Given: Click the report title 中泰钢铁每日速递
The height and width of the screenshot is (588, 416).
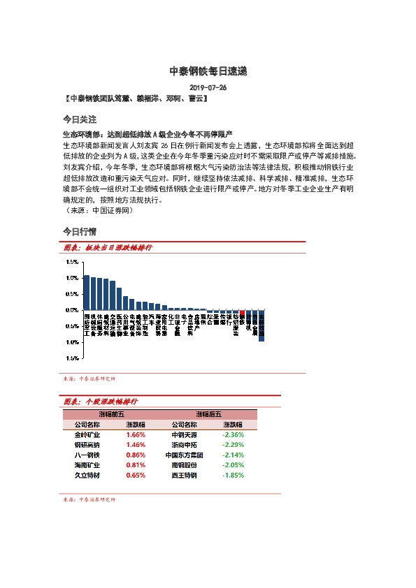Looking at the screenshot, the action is click(208, 71).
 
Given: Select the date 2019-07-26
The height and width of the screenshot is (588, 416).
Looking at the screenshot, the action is click(208, 88).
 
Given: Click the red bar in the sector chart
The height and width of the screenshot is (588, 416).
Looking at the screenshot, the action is click(242, 316).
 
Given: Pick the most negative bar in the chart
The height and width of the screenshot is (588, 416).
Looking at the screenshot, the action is click(261, 325).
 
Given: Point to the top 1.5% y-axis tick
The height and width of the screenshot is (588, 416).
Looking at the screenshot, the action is click(72, 262).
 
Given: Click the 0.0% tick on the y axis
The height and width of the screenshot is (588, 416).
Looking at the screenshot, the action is click(72, 309).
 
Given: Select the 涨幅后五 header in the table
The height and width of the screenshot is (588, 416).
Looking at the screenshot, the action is click(208, 414).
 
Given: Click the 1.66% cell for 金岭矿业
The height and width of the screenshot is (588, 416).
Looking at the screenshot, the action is click(136, 434).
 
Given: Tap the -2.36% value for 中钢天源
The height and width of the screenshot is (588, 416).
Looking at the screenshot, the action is click(233, 434).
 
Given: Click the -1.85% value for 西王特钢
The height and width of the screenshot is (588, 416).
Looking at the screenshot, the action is click(233, 475).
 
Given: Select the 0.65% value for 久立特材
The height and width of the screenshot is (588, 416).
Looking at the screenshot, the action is click(136, 475).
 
